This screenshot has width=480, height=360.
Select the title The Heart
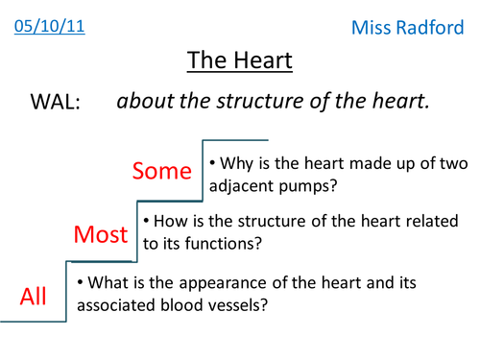(x=239, y=61)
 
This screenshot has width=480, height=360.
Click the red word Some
(x=162, y=171)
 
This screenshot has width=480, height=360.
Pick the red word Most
(x=101, y=234)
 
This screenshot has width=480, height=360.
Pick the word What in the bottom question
(x=107, y=283)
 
